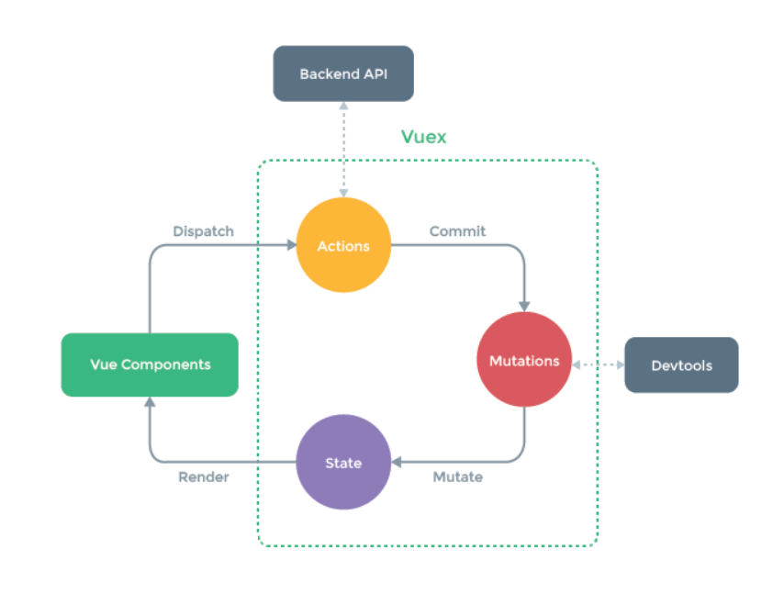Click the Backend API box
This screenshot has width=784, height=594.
343,74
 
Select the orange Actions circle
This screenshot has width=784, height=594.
343,246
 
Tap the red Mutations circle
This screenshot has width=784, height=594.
524,361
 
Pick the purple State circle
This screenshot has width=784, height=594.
343,463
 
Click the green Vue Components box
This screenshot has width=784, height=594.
150,364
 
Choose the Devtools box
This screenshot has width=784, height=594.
681,365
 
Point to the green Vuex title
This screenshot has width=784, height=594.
424,137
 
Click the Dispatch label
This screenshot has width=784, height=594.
203,231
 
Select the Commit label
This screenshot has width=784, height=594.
457,231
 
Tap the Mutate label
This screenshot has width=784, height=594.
457,477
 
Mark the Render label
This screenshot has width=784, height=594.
203,477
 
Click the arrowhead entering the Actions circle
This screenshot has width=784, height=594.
290,245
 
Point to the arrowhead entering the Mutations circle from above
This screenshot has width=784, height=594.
524,306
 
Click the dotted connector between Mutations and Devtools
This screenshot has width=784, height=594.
598,365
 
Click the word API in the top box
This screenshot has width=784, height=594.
374,74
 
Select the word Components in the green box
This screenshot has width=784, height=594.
166,364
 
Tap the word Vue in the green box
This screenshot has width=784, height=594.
103,364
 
